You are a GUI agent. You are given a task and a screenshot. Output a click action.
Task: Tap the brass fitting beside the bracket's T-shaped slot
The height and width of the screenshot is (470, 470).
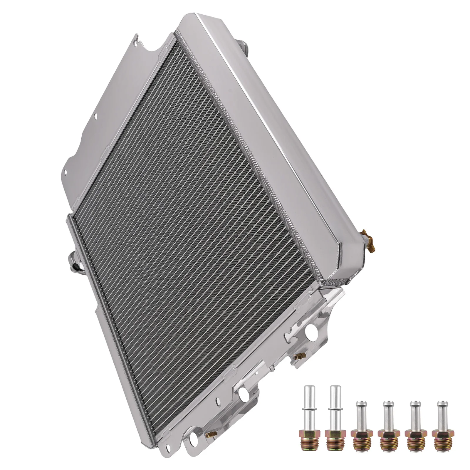[298, 356]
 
